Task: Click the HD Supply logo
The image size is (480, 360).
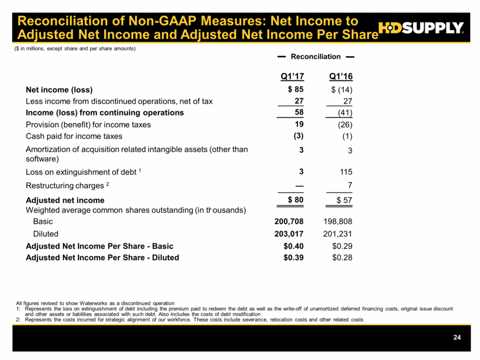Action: (420, 27)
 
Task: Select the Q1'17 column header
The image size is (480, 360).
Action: (292, 76)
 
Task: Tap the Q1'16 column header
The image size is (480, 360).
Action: (340, 76)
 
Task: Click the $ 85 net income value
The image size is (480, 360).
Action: (294, 90)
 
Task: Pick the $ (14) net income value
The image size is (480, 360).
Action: (341, 90)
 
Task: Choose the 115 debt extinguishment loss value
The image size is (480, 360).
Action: (345, 172)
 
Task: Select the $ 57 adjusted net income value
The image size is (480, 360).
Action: (341, 200)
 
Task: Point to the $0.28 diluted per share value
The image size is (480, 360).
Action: (341, 257)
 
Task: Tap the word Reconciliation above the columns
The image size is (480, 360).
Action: (315, 57)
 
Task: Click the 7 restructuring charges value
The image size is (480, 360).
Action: (349, 184)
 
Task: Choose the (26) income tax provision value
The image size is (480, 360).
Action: (344, 124)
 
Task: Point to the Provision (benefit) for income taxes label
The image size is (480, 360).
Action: (88, 124)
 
